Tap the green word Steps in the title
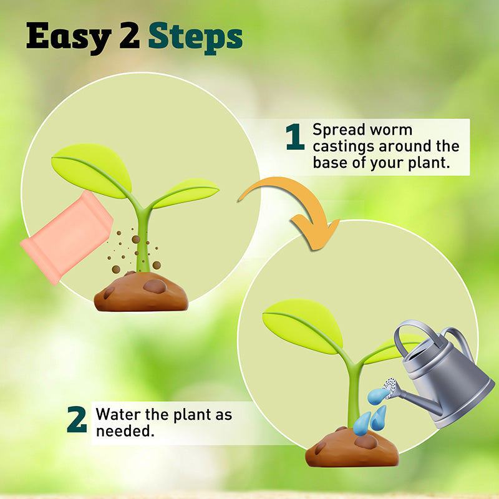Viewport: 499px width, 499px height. click(x=195, y=38)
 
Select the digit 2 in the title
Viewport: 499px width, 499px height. click(x=130, y=36)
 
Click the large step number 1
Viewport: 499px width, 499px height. click(x=295, y=137)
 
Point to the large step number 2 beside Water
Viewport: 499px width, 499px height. click(x=77, y=419)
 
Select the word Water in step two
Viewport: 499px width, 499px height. click(x=118, y=414)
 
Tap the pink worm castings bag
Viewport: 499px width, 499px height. click(x=67, y=237)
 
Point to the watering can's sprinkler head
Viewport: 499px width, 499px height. click(x=390, y=388)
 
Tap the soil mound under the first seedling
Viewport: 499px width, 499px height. click(x=141, y=291)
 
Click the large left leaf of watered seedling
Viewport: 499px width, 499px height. click(x=303, y=325)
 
